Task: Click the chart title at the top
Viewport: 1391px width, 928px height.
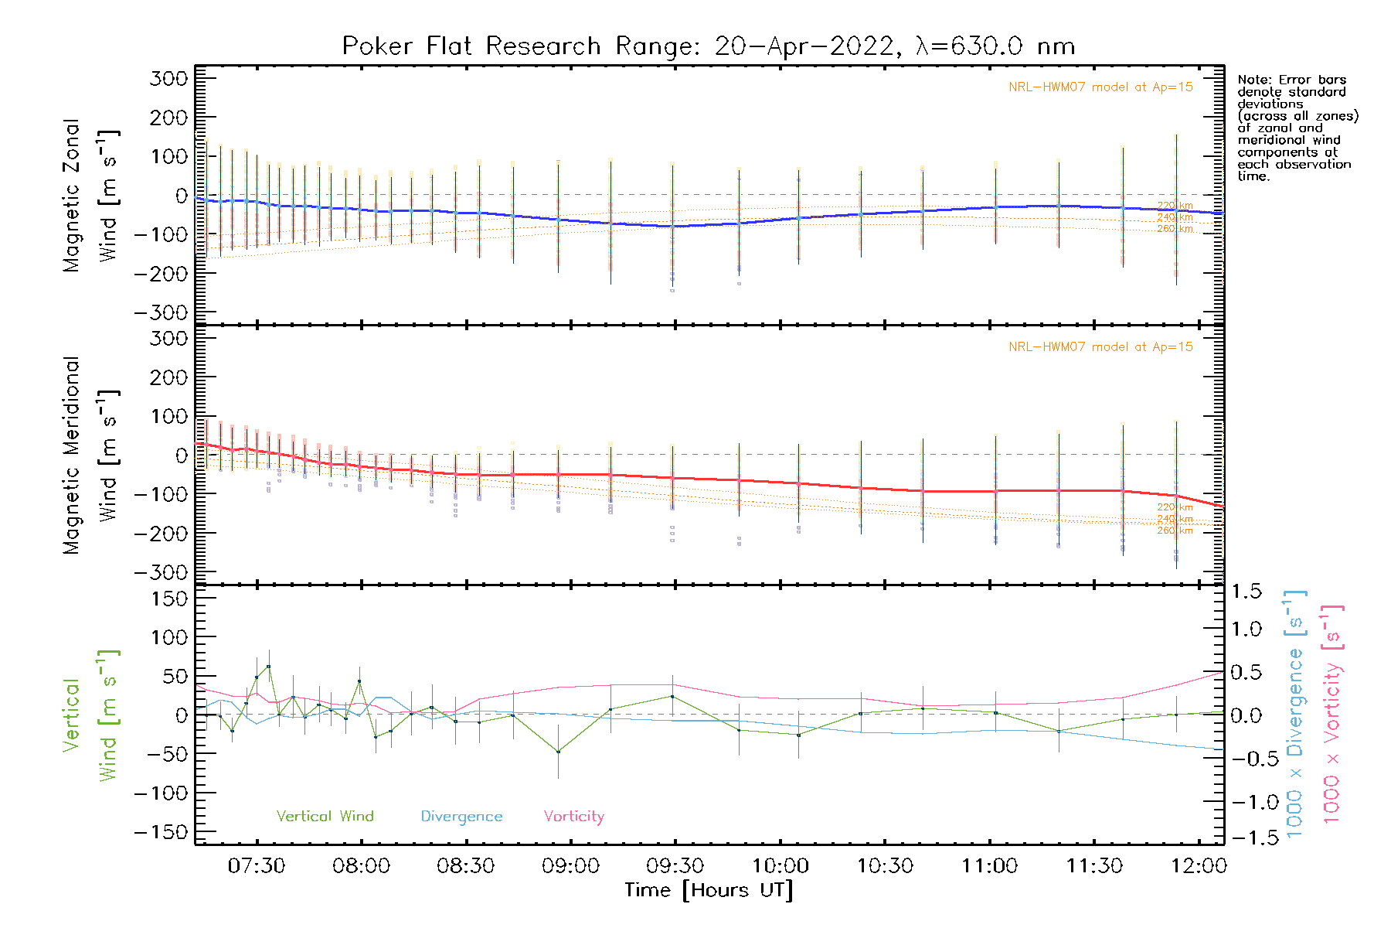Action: click(708, 46)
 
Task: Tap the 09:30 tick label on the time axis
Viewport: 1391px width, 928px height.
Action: click(675, 866)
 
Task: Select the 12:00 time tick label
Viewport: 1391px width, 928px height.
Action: click(1199, 866)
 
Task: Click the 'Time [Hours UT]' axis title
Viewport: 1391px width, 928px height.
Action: click(709, 890)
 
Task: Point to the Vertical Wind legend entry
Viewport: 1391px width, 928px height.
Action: click(325, 817)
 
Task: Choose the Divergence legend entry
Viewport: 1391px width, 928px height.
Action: click(461, 817)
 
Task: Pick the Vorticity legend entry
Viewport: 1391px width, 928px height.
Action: click(573, 817)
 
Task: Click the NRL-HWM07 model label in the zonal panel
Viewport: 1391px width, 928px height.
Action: click(1100, 87)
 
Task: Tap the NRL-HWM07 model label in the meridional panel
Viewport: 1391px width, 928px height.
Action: click(1100, 347)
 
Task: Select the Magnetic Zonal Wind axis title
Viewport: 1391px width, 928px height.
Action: click(91, 195)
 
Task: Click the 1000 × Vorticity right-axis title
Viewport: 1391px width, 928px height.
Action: click(1332, 714)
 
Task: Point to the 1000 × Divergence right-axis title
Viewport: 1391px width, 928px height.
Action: click(1295, 714)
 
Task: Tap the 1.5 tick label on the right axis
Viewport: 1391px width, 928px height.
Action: click(1246, 592)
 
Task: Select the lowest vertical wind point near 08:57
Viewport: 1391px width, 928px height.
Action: click(558, 752)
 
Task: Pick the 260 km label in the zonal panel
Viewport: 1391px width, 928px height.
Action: click(1175, 229)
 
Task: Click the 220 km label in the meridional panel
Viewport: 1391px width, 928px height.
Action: click(1175, 507)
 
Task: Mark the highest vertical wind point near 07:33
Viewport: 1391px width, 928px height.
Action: click(268, 667)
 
